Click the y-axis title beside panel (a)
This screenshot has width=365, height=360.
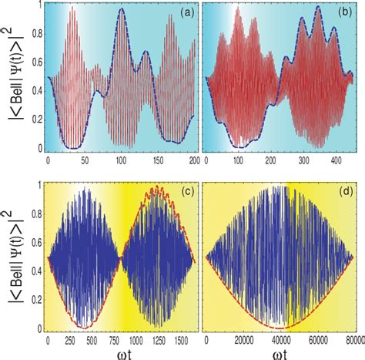(x=13, y=79)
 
